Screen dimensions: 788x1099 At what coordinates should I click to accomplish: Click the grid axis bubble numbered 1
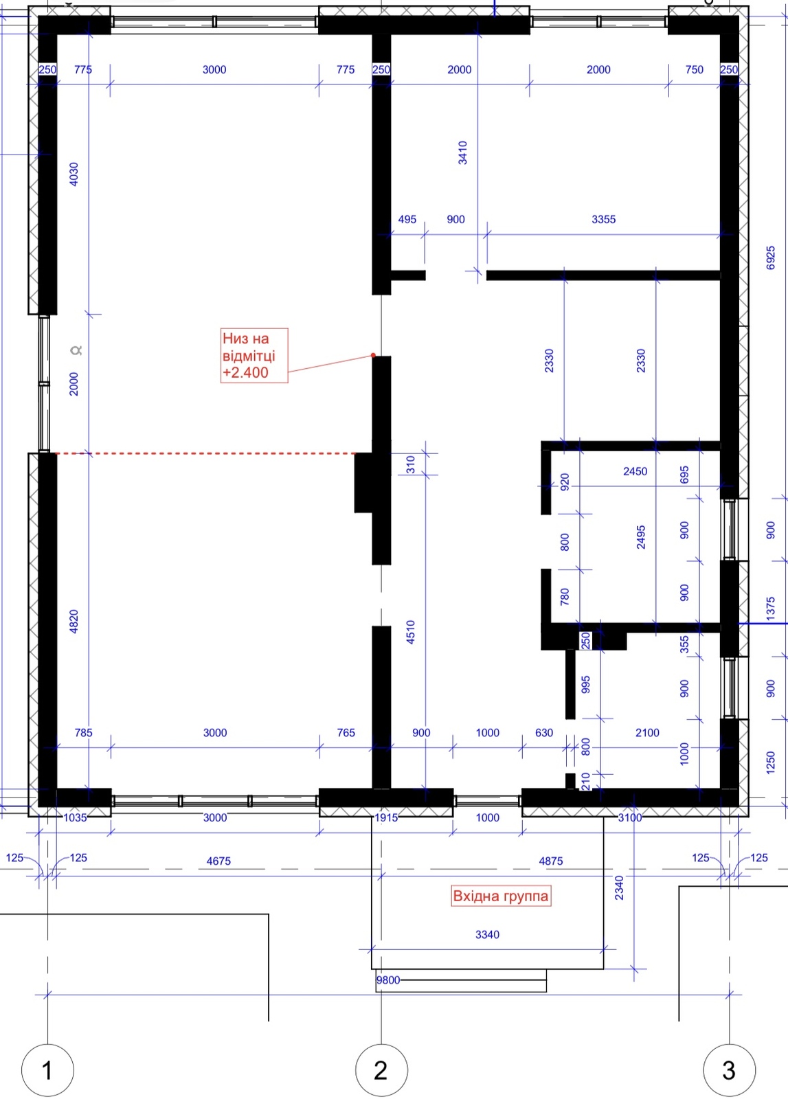click(47, 1071)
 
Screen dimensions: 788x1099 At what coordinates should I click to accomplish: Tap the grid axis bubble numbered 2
click(381, 1071)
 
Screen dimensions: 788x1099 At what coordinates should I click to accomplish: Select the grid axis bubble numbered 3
click(729, 1071)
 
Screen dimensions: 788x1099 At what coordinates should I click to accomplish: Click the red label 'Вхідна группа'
click(500, 896)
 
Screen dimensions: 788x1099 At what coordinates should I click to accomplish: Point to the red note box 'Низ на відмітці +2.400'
click(254, 355)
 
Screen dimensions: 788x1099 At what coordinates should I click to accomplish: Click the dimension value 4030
click(74, 174)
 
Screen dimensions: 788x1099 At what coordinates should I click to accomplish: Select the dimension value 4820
click(74, 621)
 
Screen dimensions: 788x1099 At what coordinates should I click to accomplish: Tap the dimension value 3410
click(462, 152)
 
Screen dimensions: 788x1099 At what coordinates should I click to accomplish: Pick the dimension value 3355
click(603, 219)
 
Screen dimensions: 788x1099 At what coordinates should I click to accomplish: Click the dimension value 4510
click(411, 632)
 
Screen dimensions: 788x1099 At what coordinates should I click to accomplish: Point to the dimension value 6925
click(770, 258)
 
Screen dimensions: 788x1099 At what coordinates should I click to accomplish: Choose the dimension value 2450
click(635, 471)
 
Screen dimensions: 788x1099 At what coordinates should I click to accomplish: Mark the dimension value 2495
click(641, 536)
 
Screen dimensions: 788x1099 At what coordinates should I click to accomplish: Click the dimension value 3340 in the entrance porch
click(487, 935)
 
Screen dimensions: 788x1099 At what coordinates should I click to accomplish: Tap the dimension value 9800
click(388, 980)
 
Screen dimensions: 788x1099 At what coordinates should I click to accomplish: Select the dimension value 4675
click(218, 861)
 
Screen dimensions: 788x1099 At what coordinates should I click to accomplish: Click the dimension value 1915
click(386, 818)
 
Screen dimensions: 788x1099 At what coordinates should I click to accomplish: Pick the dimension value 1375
click(770, 609)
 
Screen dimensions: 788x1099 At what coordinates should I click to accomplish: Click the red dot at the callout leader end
click(374, 355)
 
